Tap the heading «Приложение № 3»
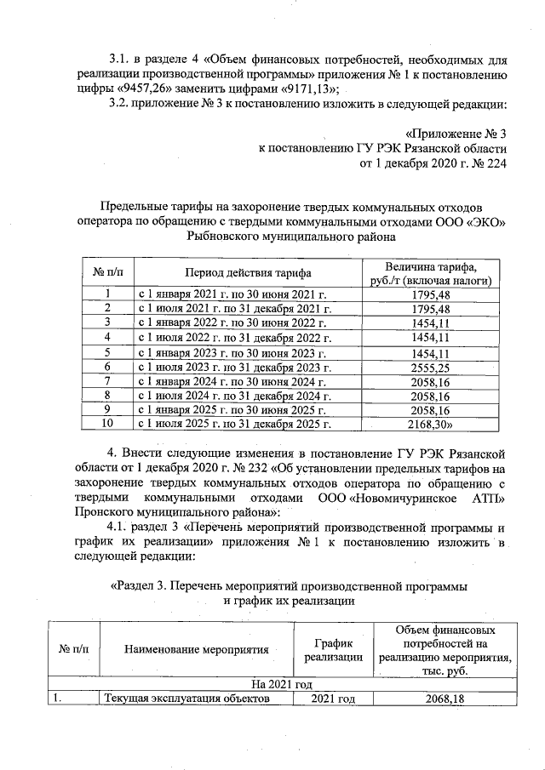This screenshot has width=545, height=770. [x=456, y=134]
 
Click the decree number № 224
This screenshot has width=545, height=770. [x=489, y=164]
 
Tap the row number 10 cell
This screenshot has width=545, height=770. [x=107, y=423]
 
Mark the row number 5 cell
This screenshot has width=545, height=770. [x=107, y=352]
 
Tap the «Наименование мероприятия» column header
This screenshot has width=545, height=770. [x=196, y=649]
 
